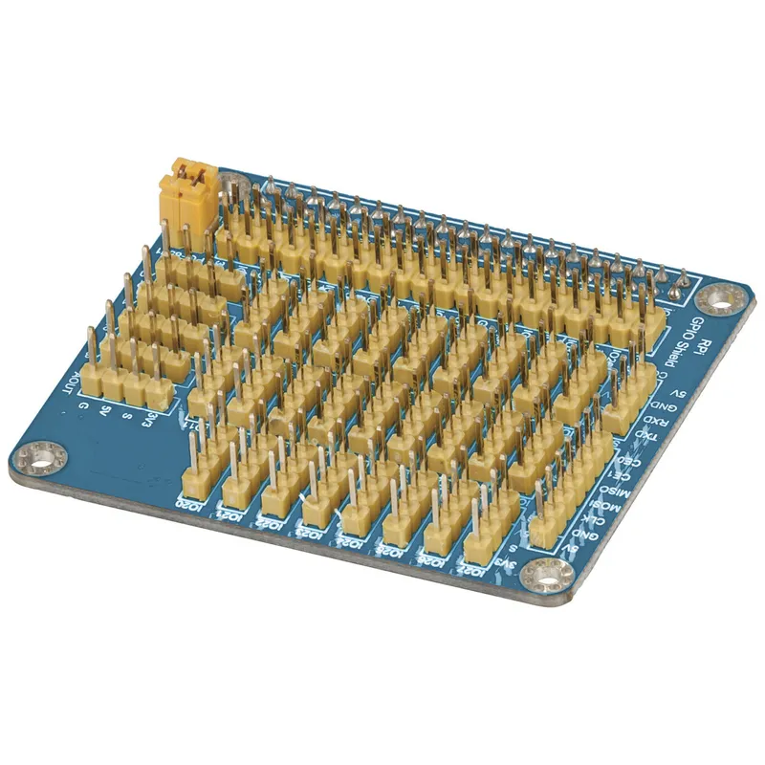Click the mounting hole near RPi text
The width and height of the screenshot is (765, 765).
click(x=726, y=299)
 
